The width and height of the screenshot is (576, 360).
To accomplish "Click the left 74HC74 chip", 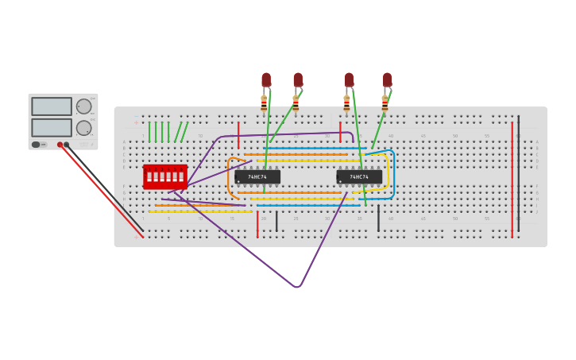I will tap(257, 176).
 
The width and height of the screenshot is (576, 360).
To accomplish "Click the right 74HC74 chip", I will tap(359, 176).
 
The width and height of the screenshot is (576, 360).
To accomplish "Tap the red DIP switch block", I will tap(165, 176).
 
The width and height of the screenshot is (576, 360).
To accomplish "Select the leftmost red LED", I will tap(266, 79).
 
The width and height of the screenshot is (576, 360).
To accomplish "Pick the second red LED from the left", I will tap(298, 79).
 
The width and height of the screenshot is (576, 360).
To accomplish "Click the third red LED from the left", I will tap(349, 79).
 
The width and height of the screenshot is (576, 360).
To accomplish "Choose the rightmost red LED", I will tap(387, 79).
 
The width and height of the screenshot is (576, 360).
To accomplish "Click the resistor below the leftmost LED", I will tap(264, 104).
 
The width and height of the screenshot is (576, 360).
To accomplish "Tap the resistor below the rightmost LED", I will tap(385, 104).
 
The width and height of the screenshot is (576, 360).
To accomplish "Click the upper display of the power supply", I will tap(52, 106).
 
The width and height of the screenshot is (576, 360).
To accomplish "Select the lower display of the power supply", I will tap(52, 127).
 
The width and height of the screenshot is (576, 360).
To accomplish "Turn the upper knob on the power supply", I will tap(83, 106).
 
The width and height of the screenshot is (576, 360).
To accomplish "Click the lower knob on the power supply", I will tap(83, 128).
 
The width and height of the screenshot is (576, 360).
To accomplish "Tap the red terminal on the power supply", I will tap(60, 145).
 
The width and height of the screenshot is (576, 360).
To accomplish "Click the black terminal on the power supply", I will tap(67, 145).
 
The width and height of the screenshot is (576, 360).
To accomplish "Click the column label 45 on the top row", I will tap(423, 136).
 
